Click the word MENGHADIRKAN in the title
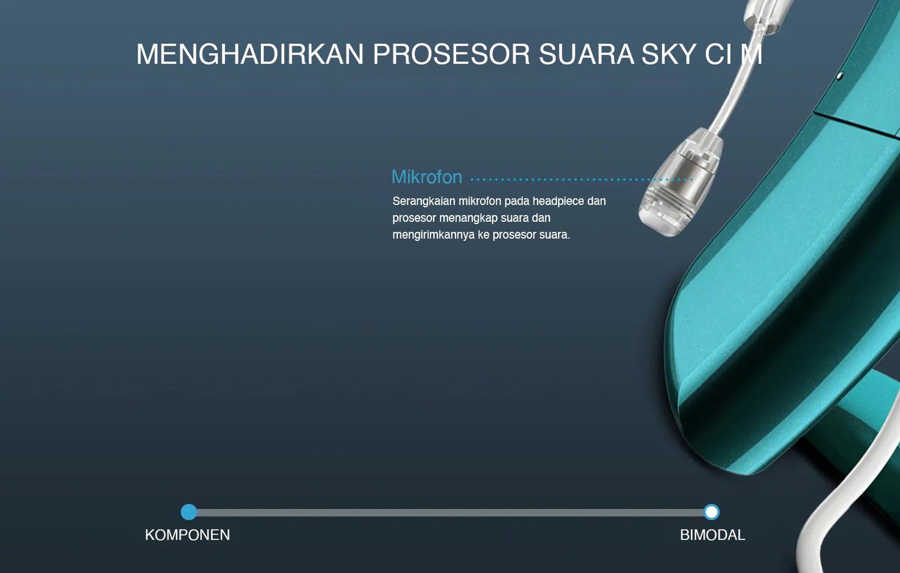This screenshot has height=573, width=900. pyautogui.click(x=250, y=54)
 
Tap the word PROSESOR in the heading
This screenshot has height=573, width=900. pyautogui.click(x=452, y=54)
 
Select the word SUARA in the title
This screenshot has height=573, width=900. pyautogui.click(x=586, y=54)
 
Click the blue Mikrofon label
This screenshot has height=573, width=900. pyautogui.click(x=427, y=177)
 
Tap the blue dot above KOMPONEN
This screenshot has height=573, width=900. pyautogui.click(x=189, y=512)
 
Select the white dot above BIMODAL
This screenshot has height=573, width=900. pyautogui.click(x=712, y=512)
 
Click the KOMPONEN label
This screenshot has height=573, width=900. pyautogui.click(x=187, y=535)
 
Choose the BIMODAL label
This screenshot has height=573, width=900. pyautogui.click(x=712, y=535)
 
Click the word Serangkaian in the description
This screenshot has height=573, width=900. pyautogui.click(x=424, y=201)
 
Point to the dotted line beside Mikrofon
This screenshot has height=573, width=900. pyautogui.click(x=582, y=180)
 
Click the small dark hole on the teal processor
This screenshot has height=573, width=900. pyautogui.click(x=840, y=75)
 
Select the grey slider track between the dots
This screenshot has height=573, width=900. pyautogui.click(x=450, y=512)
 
